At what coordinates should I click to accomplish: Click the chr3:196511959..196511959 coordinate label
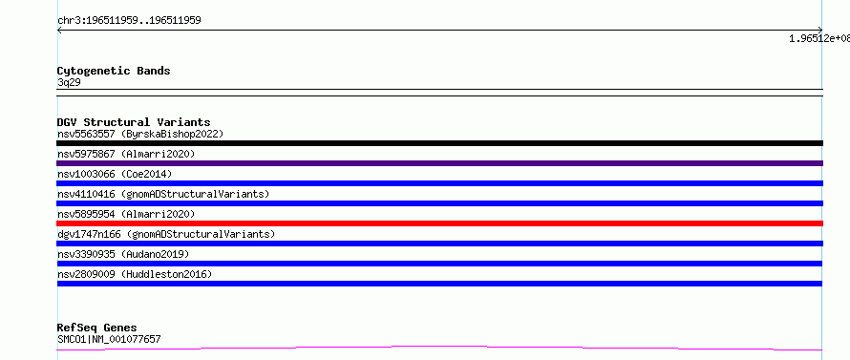pyautogui.click(x=129, y=21)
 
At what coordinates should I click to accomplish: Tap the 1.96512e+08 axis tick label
pyautogui.click(x=819, y=38)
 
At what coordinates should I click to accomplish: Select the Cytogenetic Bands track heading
pyautogui.click(x=114, y=71)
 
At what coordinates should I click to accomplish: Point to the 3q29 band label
pyautogui.click(x=70, y=83)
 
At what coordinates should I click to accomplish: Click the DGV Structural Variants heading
pyautogui.click(x=134, y=122)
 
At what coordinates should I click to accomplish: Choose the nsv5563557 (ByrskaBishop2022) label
pyautogui.click(x=140, y=134)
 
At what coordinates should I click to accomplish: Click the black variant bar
pyautogui.click(x=439, y=143)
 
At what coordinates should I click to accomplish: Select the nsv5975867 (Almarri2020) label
pyautogui.click(x=126, y=154)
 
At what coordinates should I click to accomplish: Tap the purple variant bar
pyautogui.click(x=439, y=163)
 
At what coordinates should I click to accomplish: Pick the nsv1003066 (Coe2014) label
pyautogui.click(x=115, y=174)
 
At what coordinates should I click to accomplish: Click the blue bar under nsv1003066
pyautogui.click(x=439, y=183)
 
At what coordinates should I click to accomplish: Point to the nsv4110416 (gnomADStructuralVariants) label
pyautogui.click(x=163, y=194)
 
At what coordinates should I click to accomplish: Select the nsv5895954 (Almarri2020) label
pyautogui.click(x=126, y=214)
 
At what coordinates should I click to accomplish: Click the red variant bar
pyautogui.click(x=439, y=223)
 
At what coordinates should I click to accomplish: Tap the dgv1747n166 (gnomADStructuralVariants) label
pyautogui.click(x=166, y=234)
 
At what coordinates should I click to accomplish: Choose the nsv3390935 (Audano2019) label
pyautogui.click(x=123, y=254)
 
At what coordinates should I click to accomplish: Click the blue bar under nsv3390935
pyautogui.click(x=439, y=264)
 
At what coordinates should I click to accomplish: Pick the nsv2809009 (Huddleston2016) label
pyautogui.click(x=135, y=274)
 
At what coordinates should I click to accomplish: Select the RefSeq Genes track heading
pyautogui.click(x=97, y=328)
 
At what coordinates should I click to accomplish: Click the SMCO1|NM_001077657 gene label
pyautogui.click(x=109, y=340)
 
